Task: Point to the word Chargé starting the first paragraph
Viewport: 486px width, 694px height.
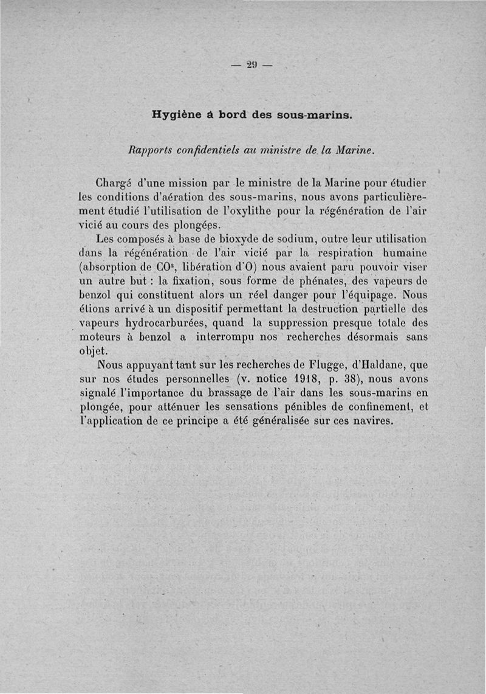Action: [116, 182]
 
